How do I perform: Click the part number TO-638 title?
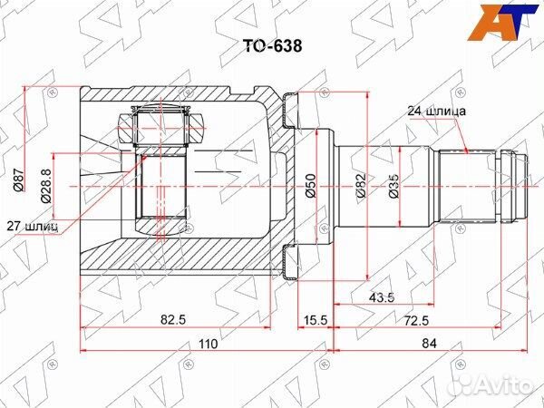click(x=272, y=45)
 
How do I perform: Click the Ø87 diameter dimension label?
click(x=18, y=179)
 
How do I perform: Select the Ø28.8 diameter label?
click(x=46, y=186)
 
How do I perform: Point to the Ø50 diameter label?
click(x=310, y=186)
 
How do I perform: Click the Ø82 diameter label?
click(x=361, y=186)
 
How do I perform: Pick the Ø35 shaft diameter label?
click(x=394, y=186)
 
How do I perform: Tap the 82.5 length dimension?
click(x=173, y=319)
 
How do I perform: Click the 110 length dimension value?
click(x=208, y=344)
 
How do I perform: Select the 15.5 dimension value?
click(x=316, y=319)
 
